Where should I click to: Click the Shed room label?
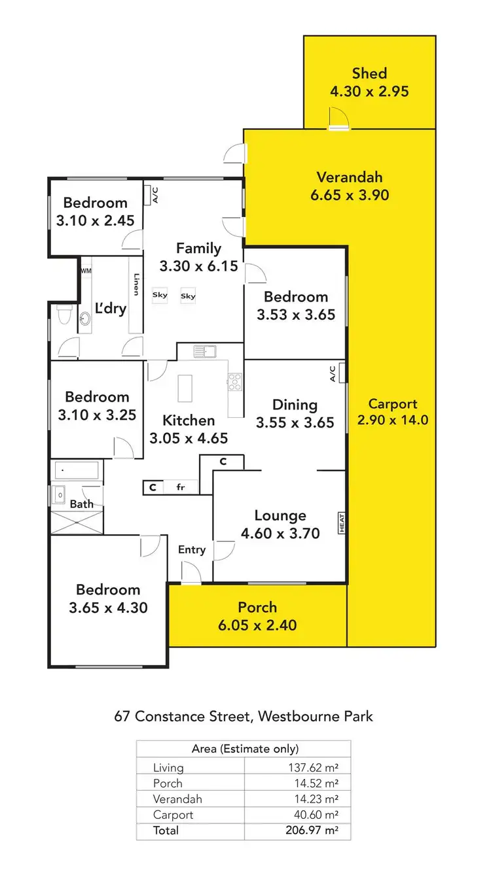[369, 73]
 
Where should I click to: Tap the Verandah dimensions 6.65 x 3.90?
[350, 195]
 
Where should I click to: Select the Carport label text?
[393, 404]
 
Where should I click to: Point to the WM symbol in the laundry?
[86, 270]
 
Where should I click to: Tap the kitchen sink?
[205, 352]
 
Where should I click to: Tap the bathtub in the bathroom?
[76, 470]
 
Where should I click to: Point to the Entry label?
[192, 550]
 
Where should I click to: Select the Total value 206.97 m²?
[316, 831]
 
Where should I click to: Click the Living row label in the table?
[168, 768]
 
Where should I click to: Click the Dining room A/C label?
[333, 373]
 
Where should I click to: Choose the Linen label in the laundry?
[137, 284]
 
